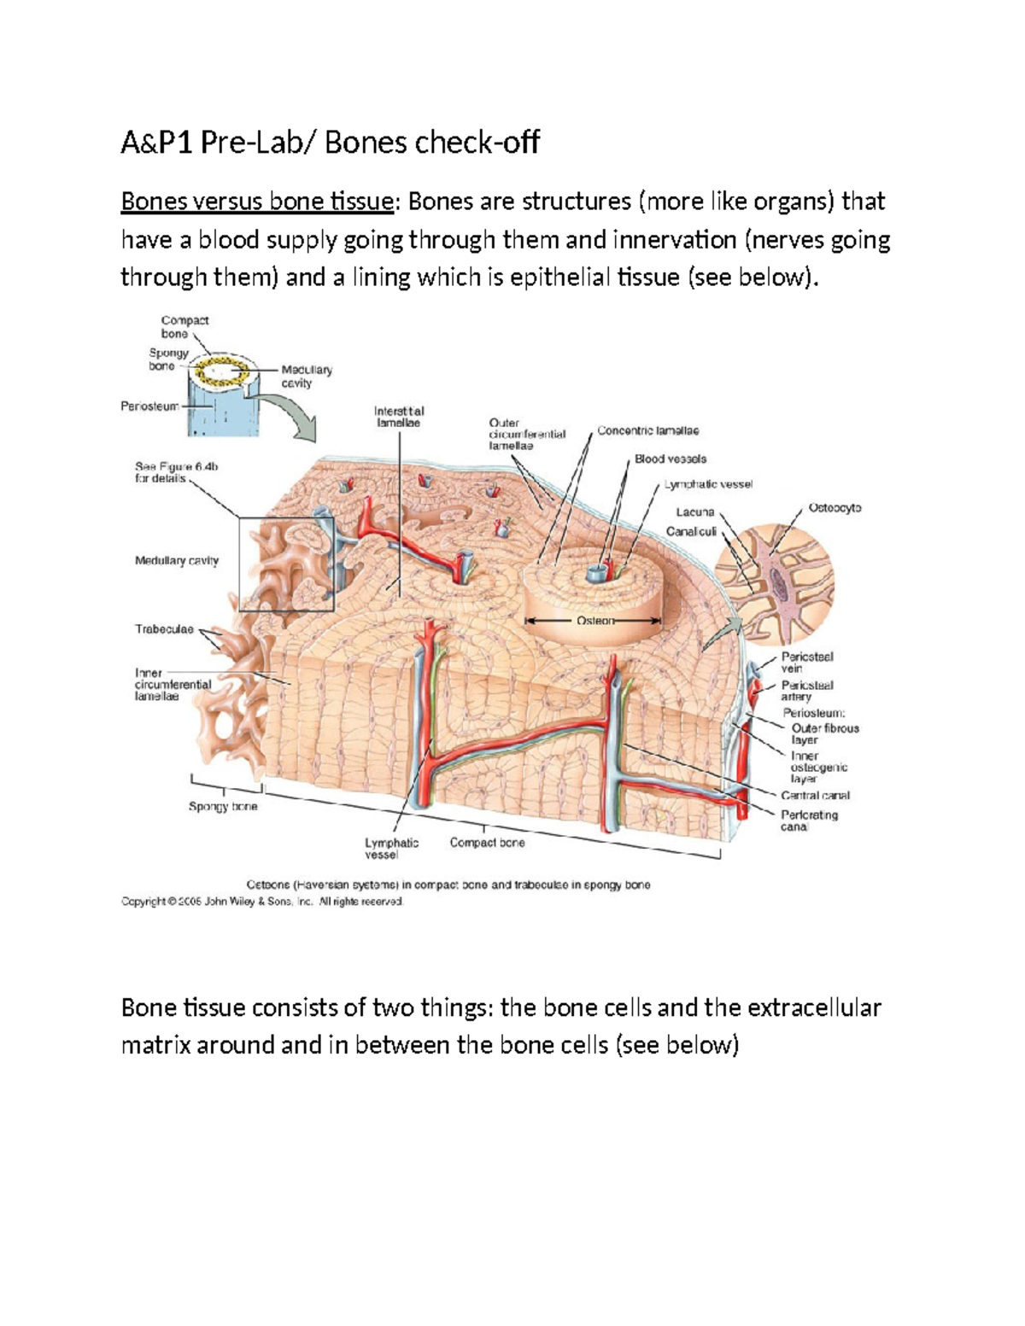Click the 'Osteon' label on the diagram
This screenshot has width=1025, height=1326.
(x=595, y=621)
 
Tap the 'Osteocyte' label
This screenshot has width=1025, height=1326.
(x=835, y=508)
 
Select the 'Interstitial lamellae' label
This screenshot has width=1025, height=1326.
(x=398, y=417)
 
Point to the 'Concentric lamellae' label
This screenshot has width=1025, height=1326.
(x=647, y=431)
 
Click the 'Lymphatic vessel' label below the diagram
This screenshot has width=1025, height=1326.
(x=391, y=849)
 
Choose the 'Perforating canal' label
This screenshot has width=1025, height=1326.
(x=808, y=821)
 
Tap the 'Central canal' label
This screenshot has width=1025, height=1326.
(x=815, y=795)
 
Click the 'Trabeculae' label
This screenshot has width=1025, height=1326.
(x=164, y=629)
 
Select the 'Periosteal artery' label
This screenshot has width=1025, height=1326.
(x=806, y=691)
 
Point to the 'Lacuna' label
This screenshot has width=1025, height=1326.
(x=694, y=512)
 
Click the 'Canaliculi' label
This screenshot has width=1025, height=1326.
(x=691, y=531)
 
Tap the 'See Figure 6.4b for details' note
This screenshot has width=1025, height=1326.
(x=176, y=473)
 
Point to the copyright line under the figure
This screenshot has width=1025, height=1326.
(x=261, y=902)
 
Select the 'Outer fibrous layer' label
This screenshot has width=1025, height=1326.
(x=824, y=734)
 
